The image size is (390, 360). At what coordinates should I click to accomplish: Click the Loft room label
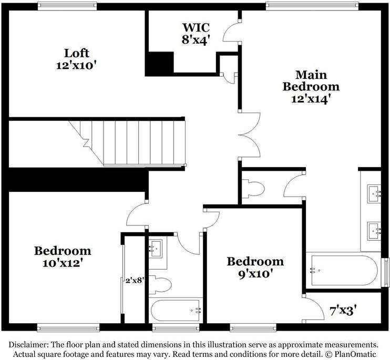point(77,53)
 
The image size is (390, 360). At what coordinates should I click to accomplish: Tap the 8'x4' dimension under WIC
point(196,39)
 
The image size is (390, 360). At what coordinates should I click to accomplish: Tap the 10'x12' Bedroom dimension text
point(62,263)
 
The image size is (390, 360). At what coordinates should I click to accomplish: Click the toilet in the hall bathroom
point(162,284)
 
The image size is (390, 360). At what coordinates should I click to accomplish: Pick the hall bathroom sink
point(156,248)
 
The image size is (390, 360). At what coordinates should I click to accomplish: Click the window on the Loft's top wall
point(67,6)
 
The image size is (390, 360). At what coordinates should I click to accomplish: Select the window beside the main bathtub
point(386,270)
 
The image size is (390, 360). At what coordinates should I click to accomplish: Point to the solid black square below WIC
point(159,64)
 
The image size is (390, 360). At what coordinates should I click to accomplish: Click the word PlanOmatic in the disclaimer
point(357,353)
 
